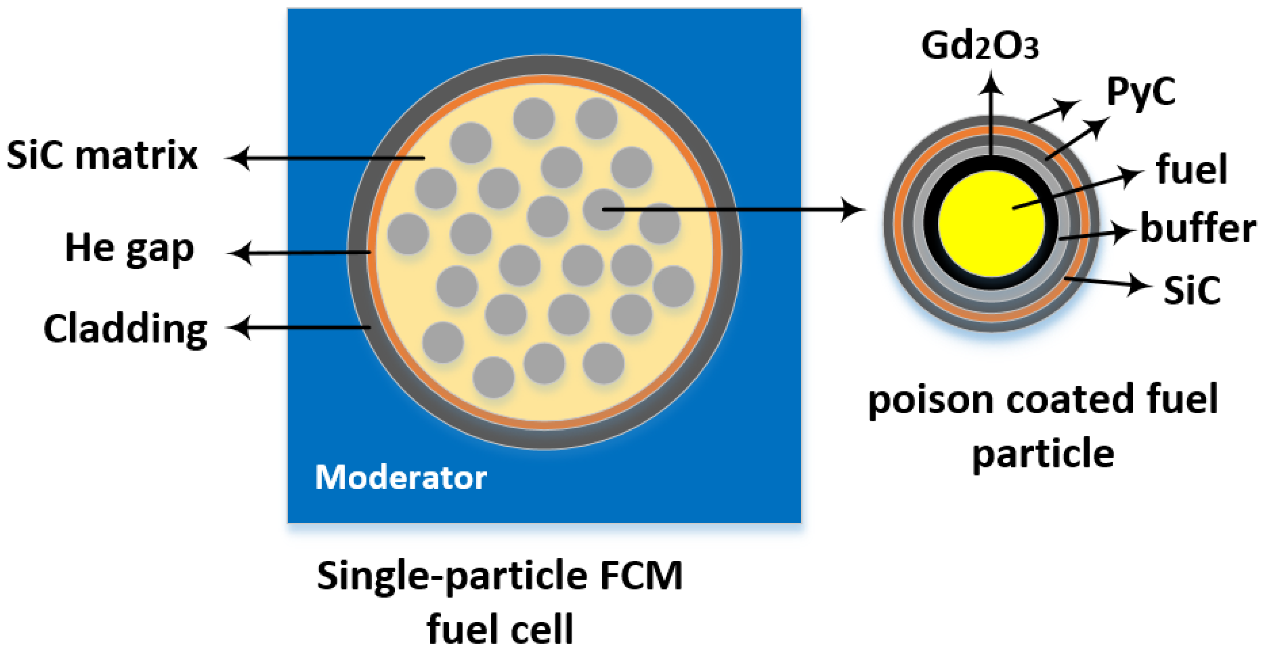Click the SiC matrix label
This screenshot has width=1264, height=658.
coord(102,156)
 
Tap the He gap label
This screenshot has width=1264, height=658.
coord(129,249)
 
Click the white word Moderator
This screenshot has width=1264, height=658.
coord(400,477)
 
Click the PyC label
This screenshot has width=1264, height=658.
coord(1141,92)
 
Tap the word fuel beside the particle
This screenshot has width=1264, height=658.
coord(1191,170)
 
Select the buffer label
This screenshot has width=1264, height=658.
coord(1197,229)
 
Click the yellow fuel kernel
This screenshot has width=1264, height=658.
coord(990,223)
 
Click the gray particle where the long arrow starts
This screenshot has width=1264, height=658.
coord(603,209)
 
